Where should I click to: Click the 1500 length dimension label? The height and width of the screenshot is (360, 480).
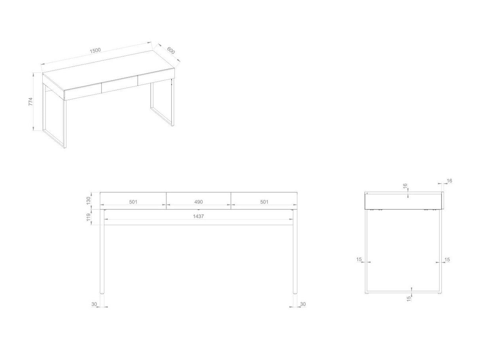click(x=95, y=51)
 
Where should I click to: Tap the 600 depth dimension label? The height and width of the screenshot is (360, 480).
click(x=171, y=51)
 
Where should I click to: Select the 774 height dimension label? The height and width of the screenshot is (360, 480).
click(x=30, y=102)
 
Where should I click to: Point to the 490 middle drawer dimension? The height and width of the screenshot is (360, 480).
click(x=198, y=202)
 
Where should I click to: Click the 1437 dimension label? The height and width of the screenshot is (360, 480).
click(x=198, y=216)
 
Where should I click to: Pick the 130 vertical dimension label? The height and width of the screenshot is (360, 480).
click(x=88, y=201)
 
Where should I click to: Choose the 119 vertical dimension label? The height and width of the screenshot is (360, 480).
click(x=88, y=217)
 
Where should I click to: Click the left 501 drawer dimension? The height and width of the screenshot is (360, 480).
click(x=133, y=202)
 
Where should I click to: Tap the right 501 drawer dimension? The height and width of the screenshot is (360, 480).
click(x=264, y=202)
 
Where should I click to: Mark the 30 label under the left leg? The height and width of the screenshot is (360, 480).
click(x=94, y=304)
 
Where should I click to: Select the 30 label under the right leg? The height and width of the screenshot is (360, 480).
click(x=303, y=304)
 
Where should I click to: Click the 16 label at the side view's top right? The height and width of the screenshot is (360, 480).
click(x=450, y=181)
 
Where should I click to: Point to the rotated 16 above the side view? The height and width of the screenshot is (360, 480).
click(x=405, y=186)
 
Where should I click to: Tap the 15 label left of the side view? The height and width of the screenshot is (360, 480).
click(x=359, y=260)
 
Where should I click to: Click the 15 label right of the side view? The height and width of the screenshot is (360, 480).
click(x=447, y=260)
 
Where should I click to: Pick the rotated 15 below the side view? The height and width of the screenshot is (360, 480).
click(x=409, y=299)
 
